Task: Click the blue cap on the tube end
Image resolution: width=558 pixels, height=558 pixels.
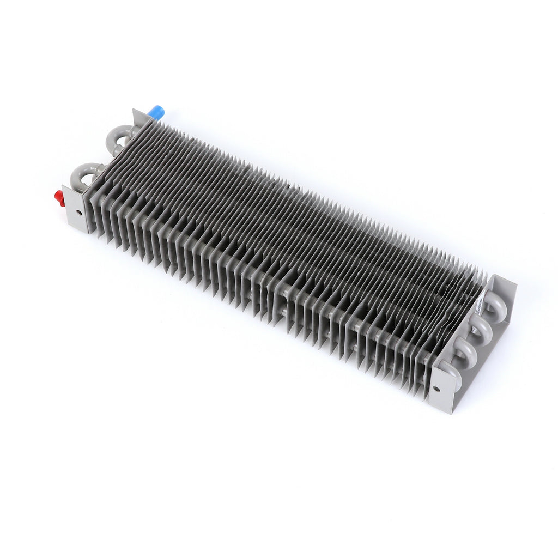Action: (x=156, y=112)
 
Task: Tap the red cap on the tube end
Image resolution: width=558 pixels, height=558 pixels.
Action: (x=59, y=198)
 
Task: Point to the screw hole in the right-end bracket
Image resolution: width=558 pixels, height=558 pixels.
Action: (x=436, y=389)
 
